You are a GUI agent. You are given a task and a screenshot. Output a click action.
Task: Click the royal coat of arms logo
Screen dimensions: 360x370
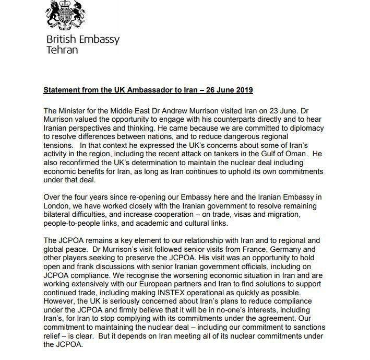pos(64,16)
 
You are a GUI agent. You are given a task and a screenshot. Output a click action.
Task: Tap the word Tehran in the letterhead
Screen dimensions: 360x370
pos(62,50)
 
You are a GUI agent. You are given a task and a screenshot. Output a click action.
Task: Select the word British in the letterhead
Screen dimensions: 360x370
pos(61,40)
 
